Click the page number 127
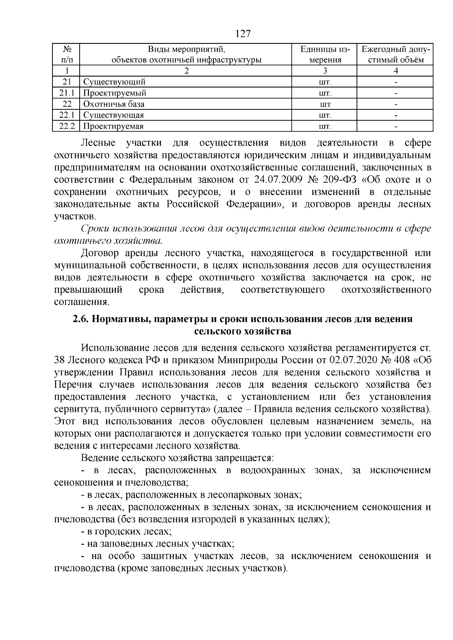pos(243,34)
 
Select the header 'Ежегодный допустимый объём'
pos(396,54)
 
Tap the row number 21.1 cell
pos(67,93)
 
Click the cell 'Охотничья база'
pos(114,104)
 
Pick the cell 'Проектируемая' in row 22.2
pos(113,126)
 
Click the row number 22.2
pos(67,126)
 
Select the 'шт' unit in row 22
pos(325,104)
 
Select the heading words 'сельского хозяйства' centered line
pos(243,332)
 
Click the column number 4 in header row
pos(396,71)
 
